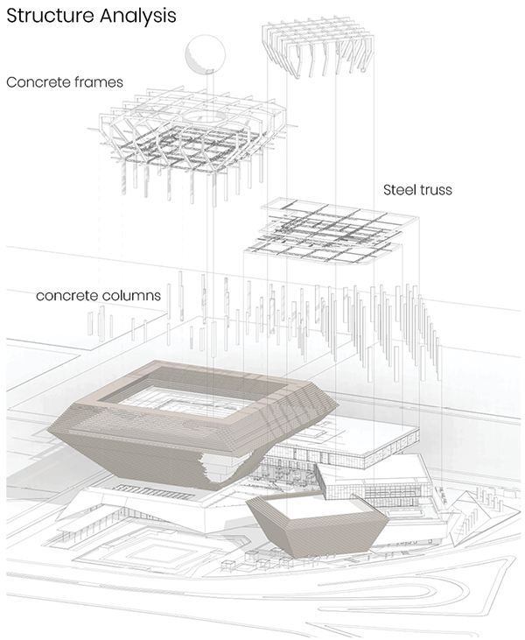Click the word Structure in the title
click(51, 15)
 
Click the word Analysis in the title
click(138, 17)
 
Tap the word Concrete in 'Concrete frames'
click(33, 82)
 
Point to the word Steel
click(399, 190)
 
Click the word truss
click(435, 190)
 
